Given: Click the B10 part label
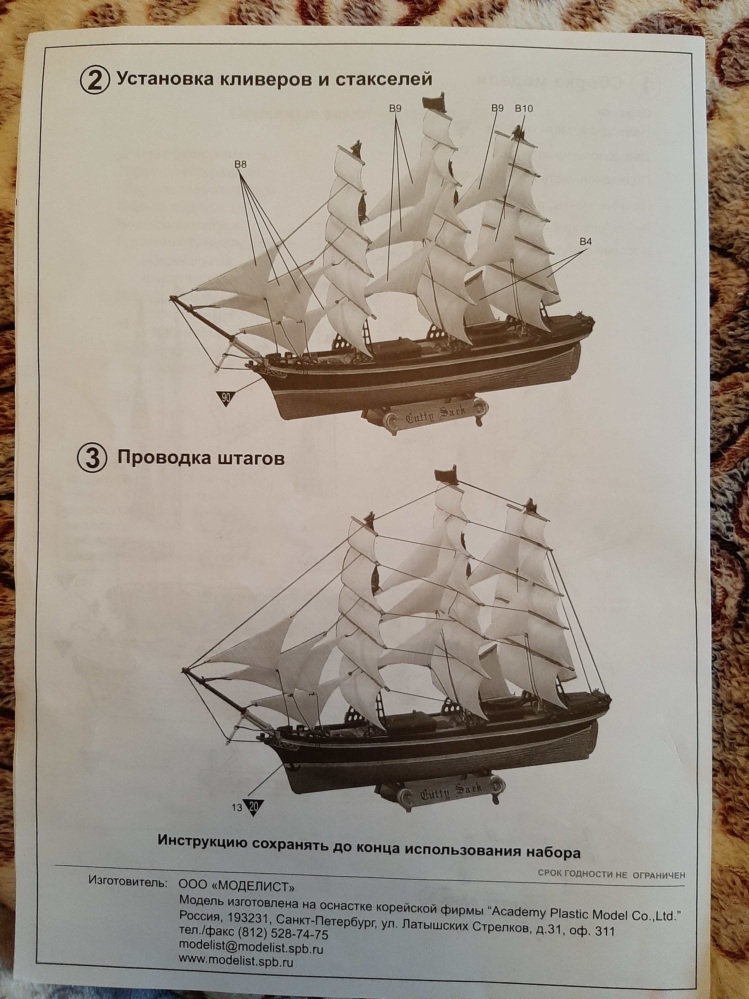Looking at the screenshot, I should click(x=524, y=109).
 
